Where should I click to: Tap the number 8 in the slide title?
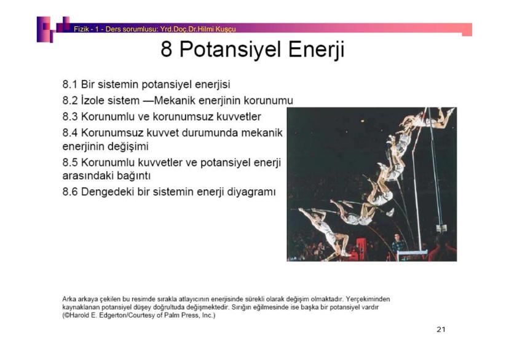click(x=167, y=49)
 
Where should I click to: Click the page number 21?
click(x=441, y=330)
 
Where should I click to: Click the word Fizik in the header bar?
click(x=81, y=28)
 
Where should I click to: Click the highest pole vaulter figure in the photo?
click(x=430, y=117)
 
